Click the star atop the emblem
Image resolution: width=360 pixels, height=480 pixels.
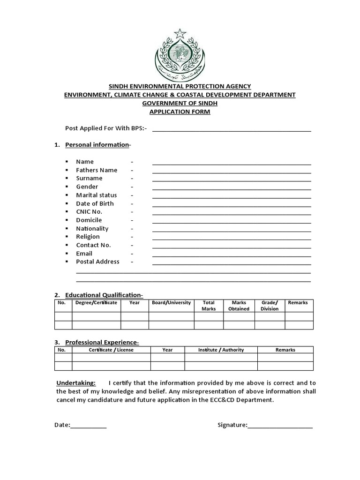[180, 33]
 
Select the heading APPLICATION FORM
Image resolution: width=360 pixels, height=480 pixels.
[180, 112]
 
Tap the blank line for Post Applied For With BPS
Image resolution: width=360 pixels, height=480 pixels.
[232, 129]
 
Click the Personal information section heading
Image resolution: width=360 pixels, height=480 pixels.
[97, 145]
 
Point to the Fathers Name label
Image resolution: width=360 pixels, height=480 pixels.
[97, 170]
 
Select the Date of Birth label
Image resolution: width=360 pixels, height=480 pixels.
[95, 203]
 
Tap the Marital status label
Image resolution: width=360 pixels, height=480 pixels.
[97, 195]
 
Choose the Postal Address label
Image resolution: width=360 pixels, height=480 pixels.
[97, 262]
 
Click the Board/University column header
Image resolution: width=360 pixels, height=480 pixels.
[171, 303]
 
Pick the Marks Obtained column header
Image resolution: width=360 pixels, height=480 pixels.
[239, 306]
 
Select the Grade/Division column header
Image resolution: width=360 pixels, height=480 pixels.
[270, 306]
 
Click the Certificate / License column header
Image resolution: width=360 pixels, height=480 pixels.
[111, 350]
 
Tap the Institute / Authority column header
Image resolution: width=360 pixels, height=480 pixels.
[221, 350]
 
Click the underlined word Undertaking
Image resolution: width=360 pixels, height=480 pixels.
[76, 382]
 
